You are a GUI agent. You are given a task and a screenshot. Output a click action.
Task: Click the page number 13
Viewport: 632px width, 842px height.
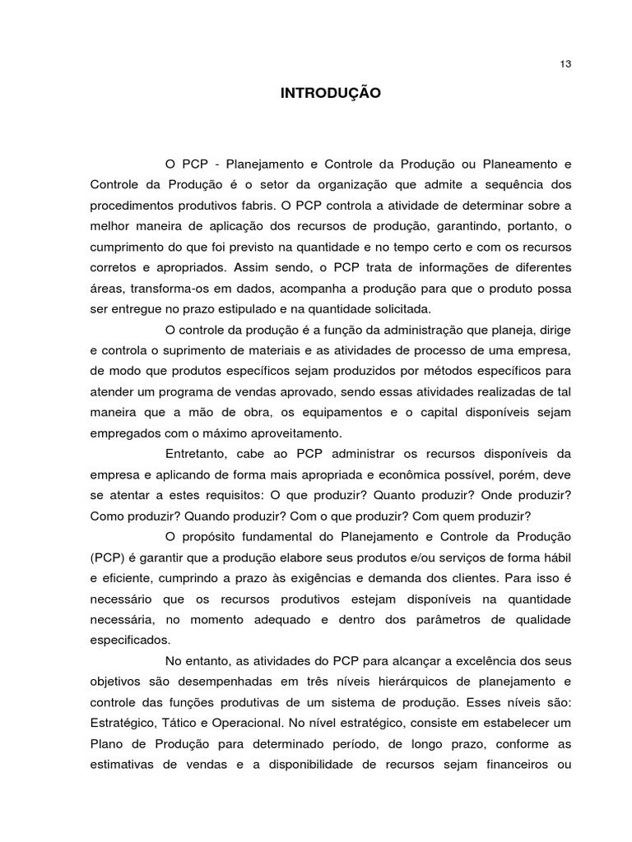click(565, 64)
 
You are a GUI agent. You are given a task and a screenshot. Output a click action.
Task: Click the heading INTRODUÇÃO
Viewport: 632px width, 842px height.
click(331, 94)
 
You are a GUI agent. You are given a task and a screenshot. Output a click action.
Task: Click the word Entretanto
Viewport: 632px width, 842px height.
click(195, 454)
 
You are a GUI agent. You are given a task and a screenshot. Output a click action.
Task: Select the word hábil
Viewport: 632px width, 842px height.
click(556, 557)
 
